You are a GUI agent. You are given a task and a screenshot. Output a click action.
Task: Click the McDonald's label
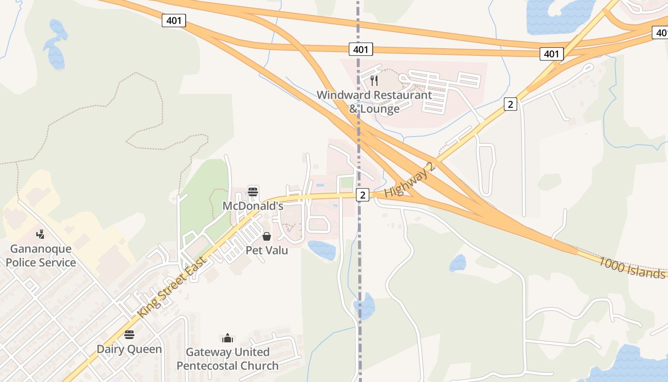point(253,206)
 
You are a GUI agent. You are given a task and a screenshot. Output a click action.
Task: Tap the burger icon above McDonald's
point(253,192)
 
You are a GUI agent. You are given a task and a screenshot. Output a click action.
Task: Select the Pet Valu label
point(267,250)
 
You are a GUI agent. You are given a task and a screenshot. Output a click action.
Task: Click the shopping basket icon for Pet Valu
point(267,236)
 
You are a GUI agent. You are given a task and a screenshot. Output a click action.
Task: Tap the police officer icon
point(41,234)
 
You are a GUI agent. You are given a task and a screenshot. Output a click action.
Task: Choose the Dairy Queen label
point(129,349)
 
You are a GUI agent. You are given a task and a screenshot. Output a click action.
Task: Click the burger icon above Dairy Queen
point(129,334)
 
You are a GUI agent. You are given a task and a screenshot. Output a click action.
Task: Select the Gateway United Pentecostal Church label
point(228,359)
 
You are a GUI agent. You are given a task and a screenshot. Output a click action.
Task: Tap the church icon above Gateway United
point(228,338)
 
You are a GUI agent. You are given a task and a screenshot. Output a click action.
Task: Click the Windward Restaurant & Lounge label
point(374,102)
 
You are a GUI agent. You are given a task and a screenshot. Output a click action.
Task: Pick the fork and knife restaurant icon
point(374,80)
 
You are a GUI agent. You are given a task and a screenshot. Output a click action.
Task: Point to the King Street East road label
point(173,287)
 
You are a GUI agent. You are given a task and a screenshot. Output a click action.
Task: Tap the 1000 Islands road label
point(632,268)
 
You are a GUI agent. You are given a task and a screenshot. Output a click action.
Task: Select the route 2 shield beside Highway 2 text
point(363,195)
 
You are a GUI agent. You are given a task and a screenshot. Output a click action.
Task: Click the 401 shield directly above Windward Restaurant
point(361,49)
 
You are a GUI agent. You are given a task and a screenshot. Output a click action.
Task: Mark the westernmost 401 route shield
point(174,21)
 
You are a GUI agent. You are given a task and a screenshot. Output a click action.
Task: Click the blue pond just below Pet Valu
point(322,250)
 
